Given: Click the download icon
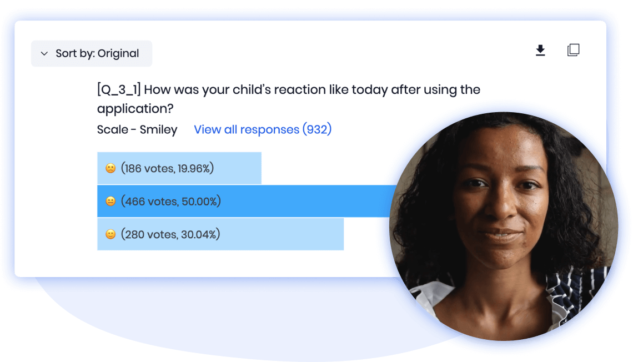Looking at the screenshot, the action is click(x=540, y=51).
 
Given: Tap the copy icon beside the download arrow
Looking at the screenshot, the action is click(x=573, y=50).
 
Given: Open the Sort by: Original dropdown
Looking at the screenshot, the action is click(x=92, y=53).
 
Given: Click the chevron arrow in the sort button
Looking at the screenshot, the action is click(x=44, y=53).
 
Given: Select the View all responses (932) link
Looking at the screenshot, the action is click(x=263, y=129).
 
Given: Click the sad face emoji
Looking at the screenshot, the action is click(x=110, y=168).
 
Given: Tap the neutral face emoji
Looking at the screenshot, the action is click(x=110, y=202).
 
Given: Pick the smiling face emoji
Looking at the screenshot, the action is click(x=110, y=234).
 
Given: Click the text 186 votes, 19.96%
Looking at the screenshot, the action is click(x=167, y=168).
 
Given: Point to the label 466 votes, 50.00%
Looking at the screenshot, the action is click(x=171, y=202).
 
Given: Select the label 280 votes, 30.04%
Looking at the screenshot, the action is click(x=170, y=234).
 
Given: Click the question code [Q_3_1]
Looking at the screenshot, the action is click(x=119, y=89).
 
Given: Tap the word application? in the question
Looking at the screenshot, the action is click(x=135, y=109).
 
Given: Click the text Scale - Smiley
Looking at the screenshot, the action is click(x=137, y=129).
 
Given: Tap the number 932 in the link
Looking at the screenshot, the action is click(x=317, y=129).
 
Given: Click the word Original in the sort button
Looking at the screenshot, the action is click(x=118, y=53).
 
